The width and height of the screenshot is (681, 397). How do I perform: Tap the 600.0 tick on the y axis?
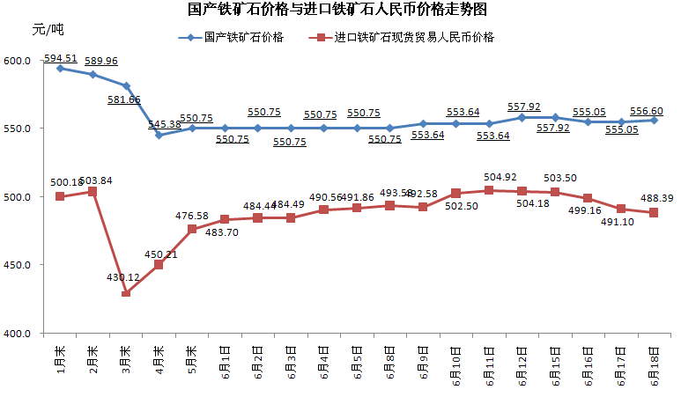pyautogui.click(x=18, y=61)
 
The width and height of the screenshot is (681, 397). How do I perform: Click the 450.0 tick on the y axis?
pyautogui.click(x=18, y=265)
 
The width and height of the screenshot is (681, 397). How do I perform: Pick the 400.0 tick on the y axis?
pyautogui.click(x=18, y=334)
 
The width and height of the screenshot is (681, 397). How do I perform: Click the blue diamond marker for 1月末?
pyautogui.click(x=60, y=68)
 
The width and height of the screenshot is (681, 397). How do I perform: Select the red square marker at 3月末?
pyautogui.click(x=126, y=292)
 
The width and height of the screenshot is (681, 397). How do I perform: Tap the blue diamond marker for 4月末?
pyautogui.click(x=159, y=135)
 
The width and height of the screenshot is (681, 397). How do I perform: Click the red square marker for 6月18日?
pyautogui.click(x=654, y=212)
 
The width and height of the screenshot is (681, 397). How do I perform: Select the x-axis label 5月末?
pyautogui.click(x=191, y=361)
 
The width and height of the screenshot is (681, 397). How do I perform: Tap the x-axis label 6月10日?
pyautogui.click(x=455, y=367)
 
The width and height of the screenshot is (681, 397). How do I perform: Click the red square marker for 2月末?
pyautogui.click(x=93, y=191)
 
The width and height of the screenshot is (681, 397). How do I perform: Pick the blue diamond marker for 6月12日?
pyautogui.click(x=522, y=117)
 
